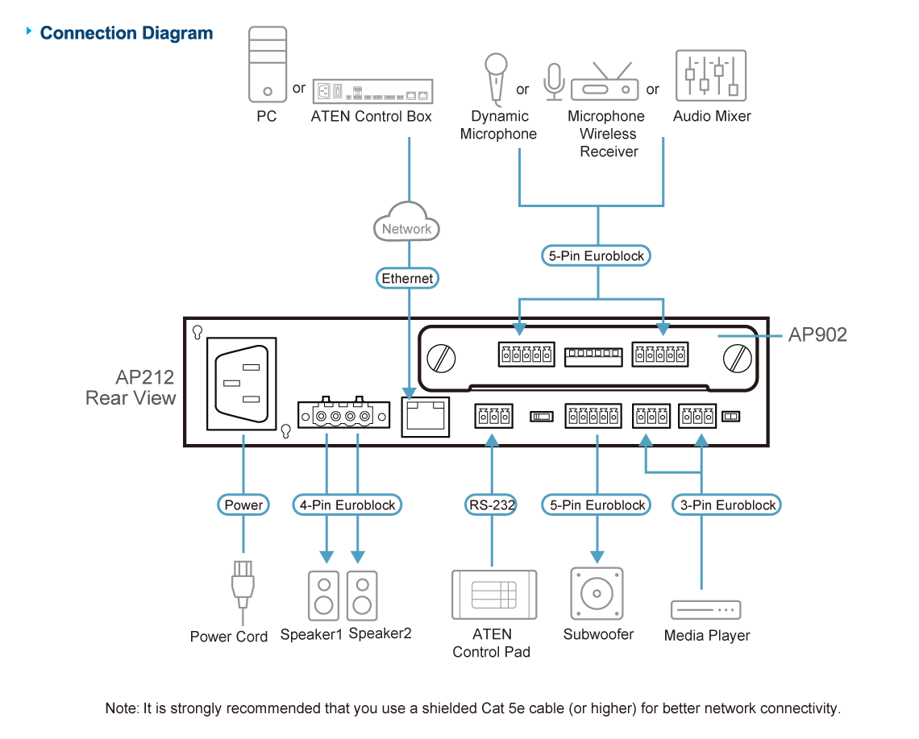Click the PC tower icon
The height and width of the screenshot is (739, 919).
point(268,64)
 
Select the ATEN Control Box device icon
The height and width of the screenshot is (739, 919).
point(372,91)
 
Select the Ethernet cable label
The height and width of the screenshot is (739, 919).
point(408,279)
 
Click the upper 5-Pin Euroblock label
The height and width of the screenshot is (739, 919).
point(597,256)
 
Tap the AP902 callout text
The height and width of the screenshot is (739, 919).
point(817,334)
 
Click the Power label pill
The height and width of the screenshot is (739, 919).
point(243,505)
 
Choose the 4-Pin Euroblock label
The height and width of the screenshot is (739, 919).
point(347,505)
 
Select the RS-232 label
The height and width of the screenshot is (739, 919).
point(491,505)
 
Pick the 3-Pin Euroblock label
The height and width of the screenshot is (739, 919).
point(727,505)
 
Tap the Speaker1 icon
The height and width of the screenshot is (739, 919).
point(324,596)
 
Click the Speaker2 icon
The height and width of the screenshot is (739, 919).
point(362,596)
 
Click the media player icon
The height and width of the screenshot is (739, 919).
point(705,609)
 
